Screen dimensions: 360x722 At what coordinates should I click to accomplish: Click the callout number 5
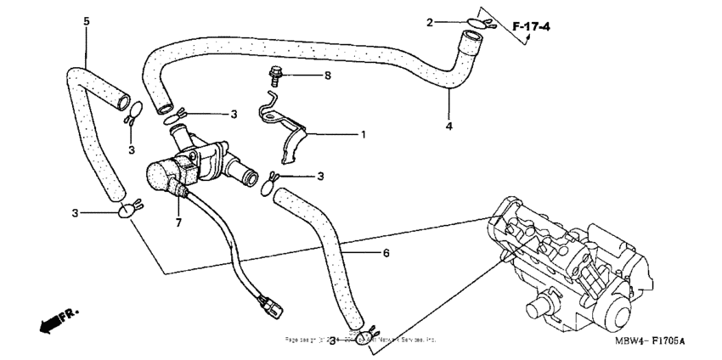(x=85, y=20)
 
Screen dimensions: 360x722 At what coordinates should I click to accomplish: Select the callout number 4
(x=449, y=126)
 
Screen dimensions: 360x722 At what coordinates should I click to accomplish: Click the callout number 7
(x=178, y=222)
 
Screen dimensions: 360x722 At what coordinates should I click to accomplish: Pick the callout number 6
(x=386, y=254)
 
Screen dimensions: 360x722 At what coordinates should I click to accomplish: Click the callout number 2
(x=454, y=21)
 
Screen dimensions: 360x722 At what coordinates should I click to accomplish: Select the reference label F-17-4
(x=532, y=27)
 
